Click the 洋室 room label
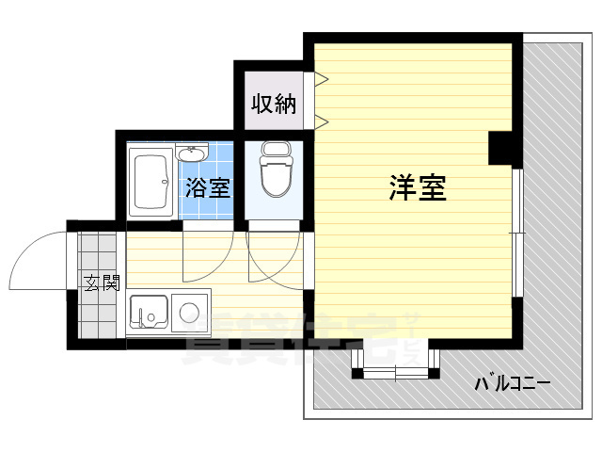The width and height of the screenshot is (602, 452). [417, 188]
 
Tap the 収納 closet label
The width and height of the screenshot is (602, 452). [273, 104]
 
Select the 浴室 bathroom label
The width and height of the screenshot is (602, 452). [206, 186]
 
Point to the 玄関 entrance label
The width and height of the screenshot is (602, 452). [101, 282]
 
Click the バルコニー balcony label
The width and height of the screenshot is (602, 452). [512, 383]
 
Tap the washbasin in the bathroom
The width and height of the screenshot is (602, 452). [194, 153]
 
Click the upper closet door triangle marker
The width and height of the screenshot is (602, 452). [321, 82]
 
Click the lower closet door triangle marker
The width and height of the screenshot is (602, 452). [321, 121]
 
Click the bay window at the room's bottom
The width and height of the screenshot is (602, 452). [396, 362]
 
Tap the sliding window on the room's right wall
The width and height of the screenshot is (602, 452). [516, 234]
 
